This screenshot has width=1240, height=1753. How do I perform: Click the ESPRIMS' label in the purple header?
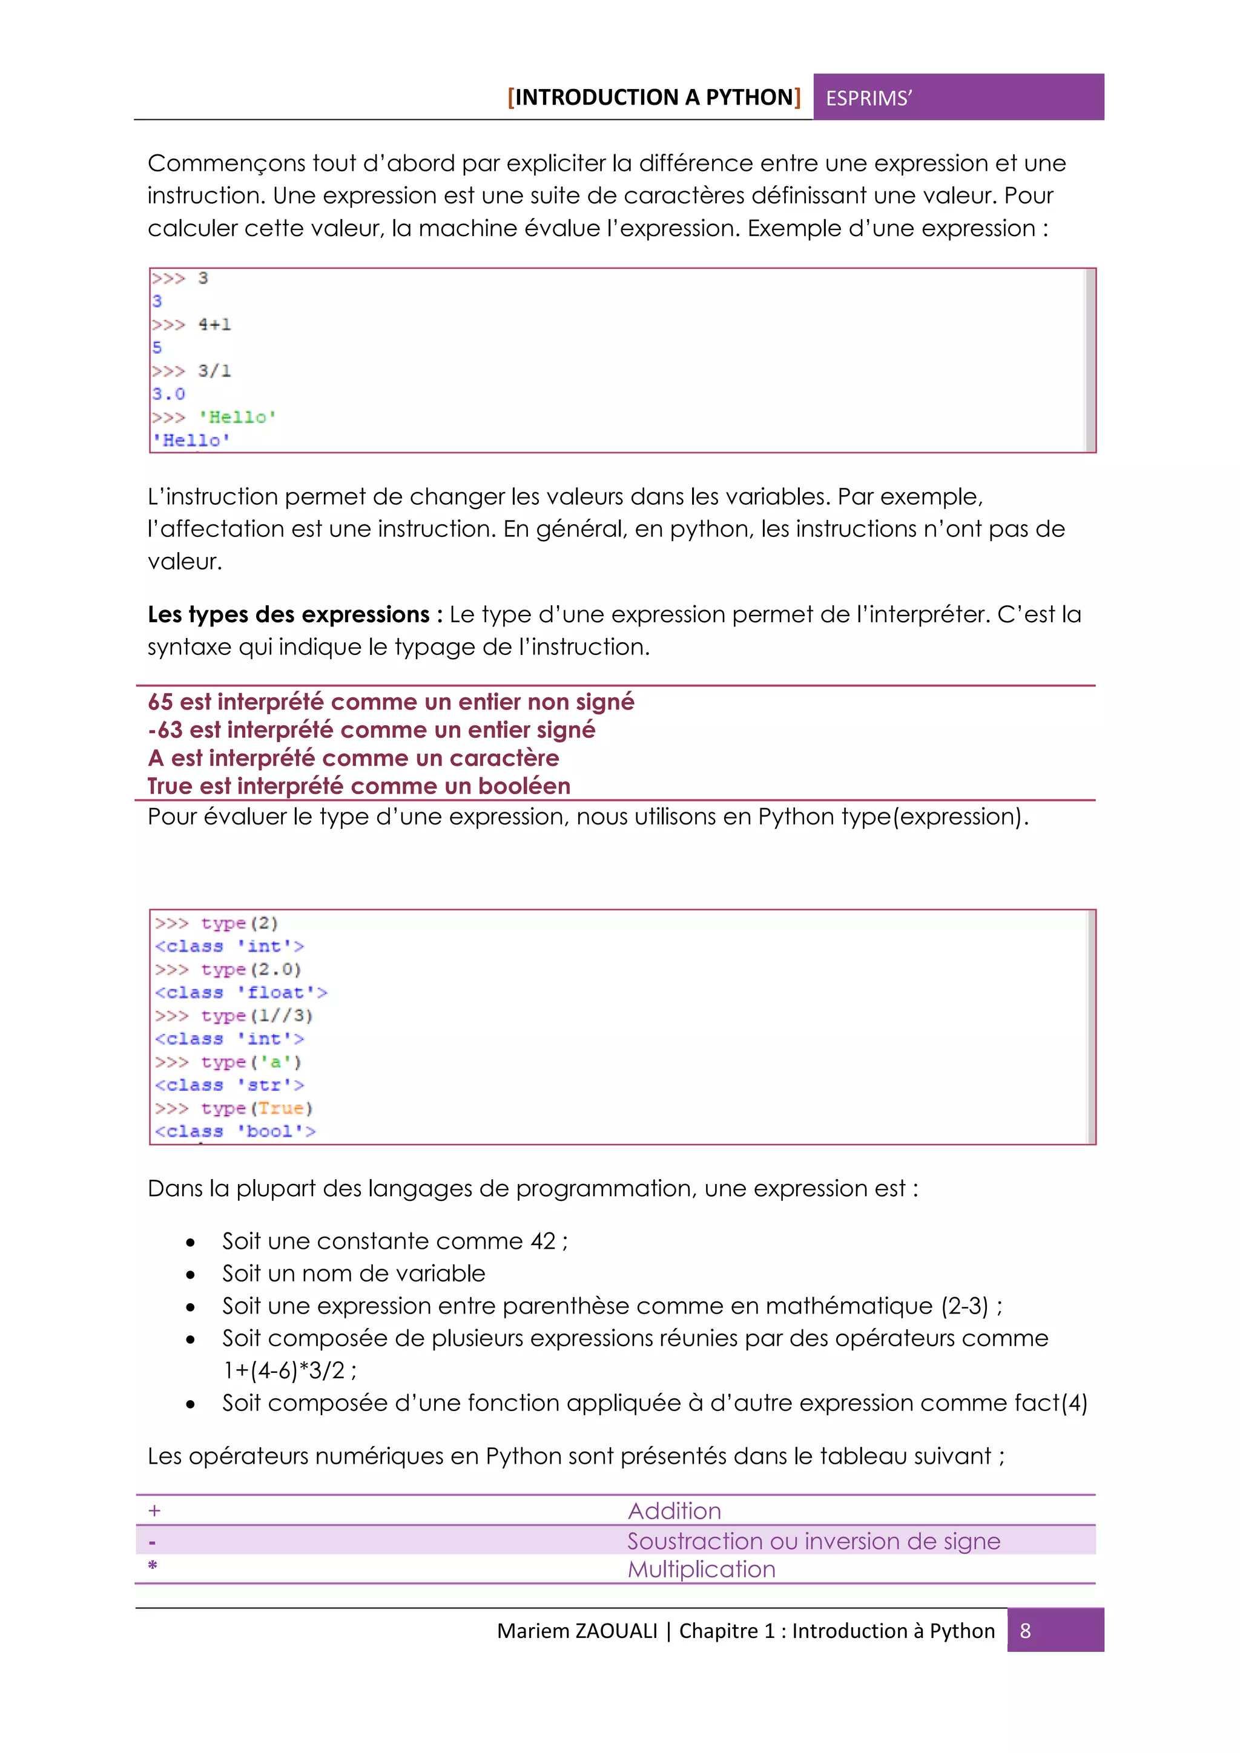point(868,99)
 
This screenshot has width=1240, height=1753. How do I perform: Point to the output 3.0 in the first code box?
point(168,394)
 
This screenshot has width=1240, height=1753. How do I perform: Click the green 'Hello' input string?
point(237,417)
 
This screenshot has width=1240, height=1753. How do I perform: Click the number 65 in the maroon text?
point(160,702)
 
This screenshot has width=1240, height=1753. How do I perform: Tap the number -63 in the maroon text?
point(165,730)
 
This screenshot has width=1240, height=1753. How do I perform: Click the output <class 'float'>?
point(240,993)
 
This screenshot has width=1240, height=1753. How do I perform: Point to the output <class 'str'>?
point(229,1085)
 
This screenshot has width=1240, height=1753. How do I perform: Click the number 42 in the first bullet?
point(543,1241)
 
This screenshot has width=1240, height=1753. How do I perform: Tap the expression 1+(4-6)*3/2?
point(283,1370)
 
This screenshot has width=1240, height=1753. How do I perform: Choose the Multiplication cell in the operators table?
point(701,1569)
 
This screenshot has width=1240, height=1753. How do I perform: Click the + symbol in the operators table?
point(154,1510)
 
